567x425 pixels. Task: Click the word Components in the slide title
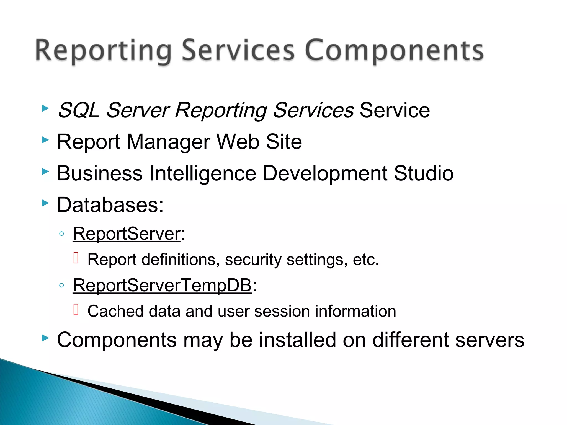click(394, 51)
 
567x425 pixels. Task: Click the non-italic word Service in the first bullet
click(395, 110)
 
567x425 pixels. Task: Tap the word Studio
click(424, 173)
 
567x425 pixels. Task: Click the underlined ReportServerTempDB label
click(162, 285)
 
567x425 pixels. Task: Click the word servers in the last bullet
click(489, 340)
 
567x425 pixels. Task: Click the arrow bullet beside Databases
click(45, 203)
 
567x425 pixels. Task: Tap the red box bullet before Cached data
click(76, 310)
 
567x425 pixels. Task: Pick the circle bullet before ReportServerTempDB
click(62, 285)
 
